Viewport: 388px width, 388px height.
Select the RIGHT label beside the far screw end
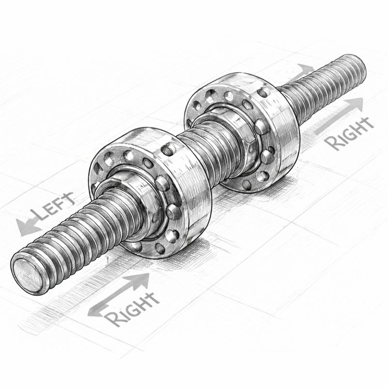pyautogui.click(x=348, y=133)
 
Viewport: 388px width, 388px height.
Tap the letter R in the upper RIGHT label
pyautogui.click(x=331, y=143)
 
